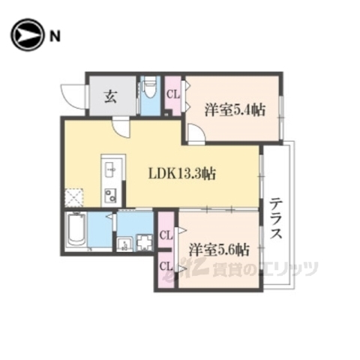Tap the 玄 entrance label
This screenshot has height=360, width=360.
pos(110,95)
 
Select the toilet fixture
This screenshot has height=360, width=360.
pos(148,93)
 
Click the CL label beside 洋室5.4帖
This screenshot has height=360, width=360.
pos(172,95)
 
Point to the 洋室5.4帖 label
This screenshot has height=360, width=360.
pos(234,109)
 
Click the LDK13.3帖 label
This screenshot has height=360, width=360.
pos(182,174)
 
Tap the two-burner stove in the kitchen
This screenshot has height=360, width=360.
pos(109,196)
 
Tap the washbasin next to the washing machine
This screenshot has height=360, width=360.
pos(123,243)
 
